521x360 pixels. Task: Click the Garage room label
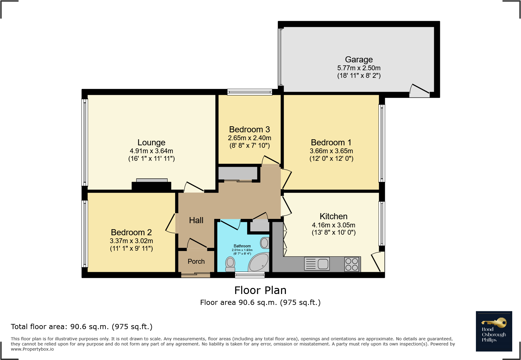(359, 60)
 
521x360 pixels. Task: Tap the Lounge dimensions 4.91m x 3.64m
(151, 151)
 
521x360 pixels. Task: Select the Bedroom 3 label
(250, 130)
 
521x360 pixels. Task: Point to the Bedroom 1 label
(331, 143)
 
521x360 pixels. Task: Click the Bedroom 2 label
(131, 233)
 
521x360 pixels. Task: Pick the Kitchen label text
(333, 216)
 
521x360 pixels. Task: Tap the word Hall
(196, 220)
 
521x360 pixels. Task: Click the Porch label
(196, 261)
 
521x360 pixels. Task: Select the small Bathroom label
(242, 246)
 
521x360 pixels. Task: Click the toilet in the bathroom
(230, 264)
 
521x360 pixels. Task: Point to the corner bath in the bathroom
(259, 262)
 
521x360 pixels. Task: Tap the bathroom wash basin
(264, 243)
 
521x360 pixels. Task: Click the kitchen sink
(317, 264)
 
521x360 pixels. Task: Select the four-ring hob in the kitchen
(352, 264)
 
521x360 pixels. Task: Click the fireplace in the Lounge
(152, 184)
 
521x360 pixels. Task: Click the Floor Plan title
(260, 290)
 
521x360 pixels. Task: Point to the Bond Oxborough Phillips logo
(494, 331)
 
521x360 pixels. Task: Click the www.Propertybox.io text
(32, 349)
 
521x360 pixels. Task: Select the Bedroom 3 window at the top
(250, 92)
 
